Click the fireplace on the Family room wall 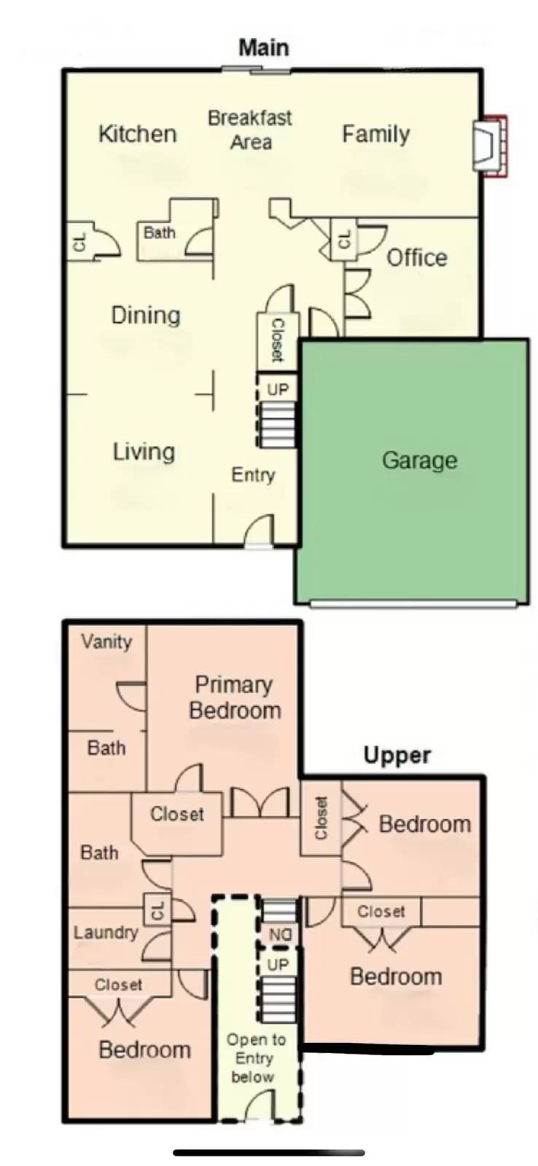click(490, 146)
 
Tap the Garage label click(420, 461)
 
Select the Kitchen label click(138, 134)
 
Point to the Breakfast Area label click(250, 130)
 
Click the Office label click(417, 258)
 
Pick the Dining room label click(146, 316)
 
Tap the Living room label click(144, 452)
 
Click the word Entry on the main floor click(253, 474)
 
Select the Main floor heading click(264, 47)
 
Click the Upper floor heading click(397, 755)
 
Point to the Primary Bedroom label click(235, 697)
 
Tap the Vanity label click(106, 642)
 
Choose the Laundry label click(106, 932)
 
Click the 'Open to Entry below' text click(255, 1058)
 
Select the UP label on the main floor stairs click(278, 389)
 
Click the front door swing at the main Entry click(259, 530)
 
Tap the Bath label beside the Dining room click(160, 232)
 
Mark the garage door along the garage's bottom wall click(414, 604)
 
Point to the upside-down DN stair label click(280, 935)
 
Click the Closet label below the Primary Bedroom click(177, 813)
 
